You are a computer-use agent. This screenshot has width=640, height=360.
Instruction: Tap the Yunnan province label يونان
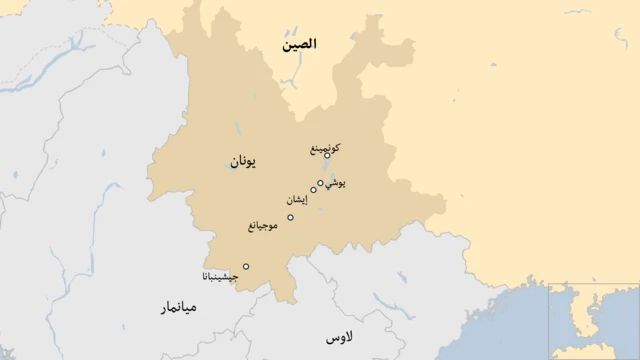243,161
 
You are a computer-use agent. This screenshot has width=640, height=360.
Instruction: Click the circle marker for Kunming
327,156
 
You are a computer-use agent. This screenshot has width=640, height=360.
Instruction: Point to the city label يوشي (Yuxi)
337,183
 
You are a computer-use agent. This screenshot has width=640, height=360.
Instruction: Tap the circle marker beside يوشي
320,183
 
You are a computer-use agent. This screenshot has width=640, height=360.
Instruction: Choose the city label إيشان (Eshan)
297,200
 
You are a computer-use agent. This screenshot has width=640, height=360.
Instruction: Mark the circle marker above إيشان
313,190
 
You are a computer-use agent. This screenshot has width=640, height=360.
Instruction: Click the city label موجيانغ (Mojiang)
267,226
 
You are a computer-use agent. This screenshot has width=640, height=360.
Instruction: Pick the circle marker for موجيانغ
290,217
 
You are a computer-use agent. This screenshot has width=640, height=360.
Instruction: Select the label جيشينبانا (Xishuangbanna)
220,276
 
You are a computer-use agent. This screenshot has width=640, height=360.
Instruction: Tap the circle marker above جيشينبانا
246,266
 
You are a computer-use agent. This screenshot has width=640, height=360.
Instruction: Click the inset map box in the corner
594,321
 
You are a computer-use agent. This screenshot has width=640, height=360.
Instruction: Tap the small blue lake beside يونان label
230,166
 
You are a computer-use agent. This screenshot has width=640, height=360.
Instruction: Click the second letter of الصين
310,45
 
